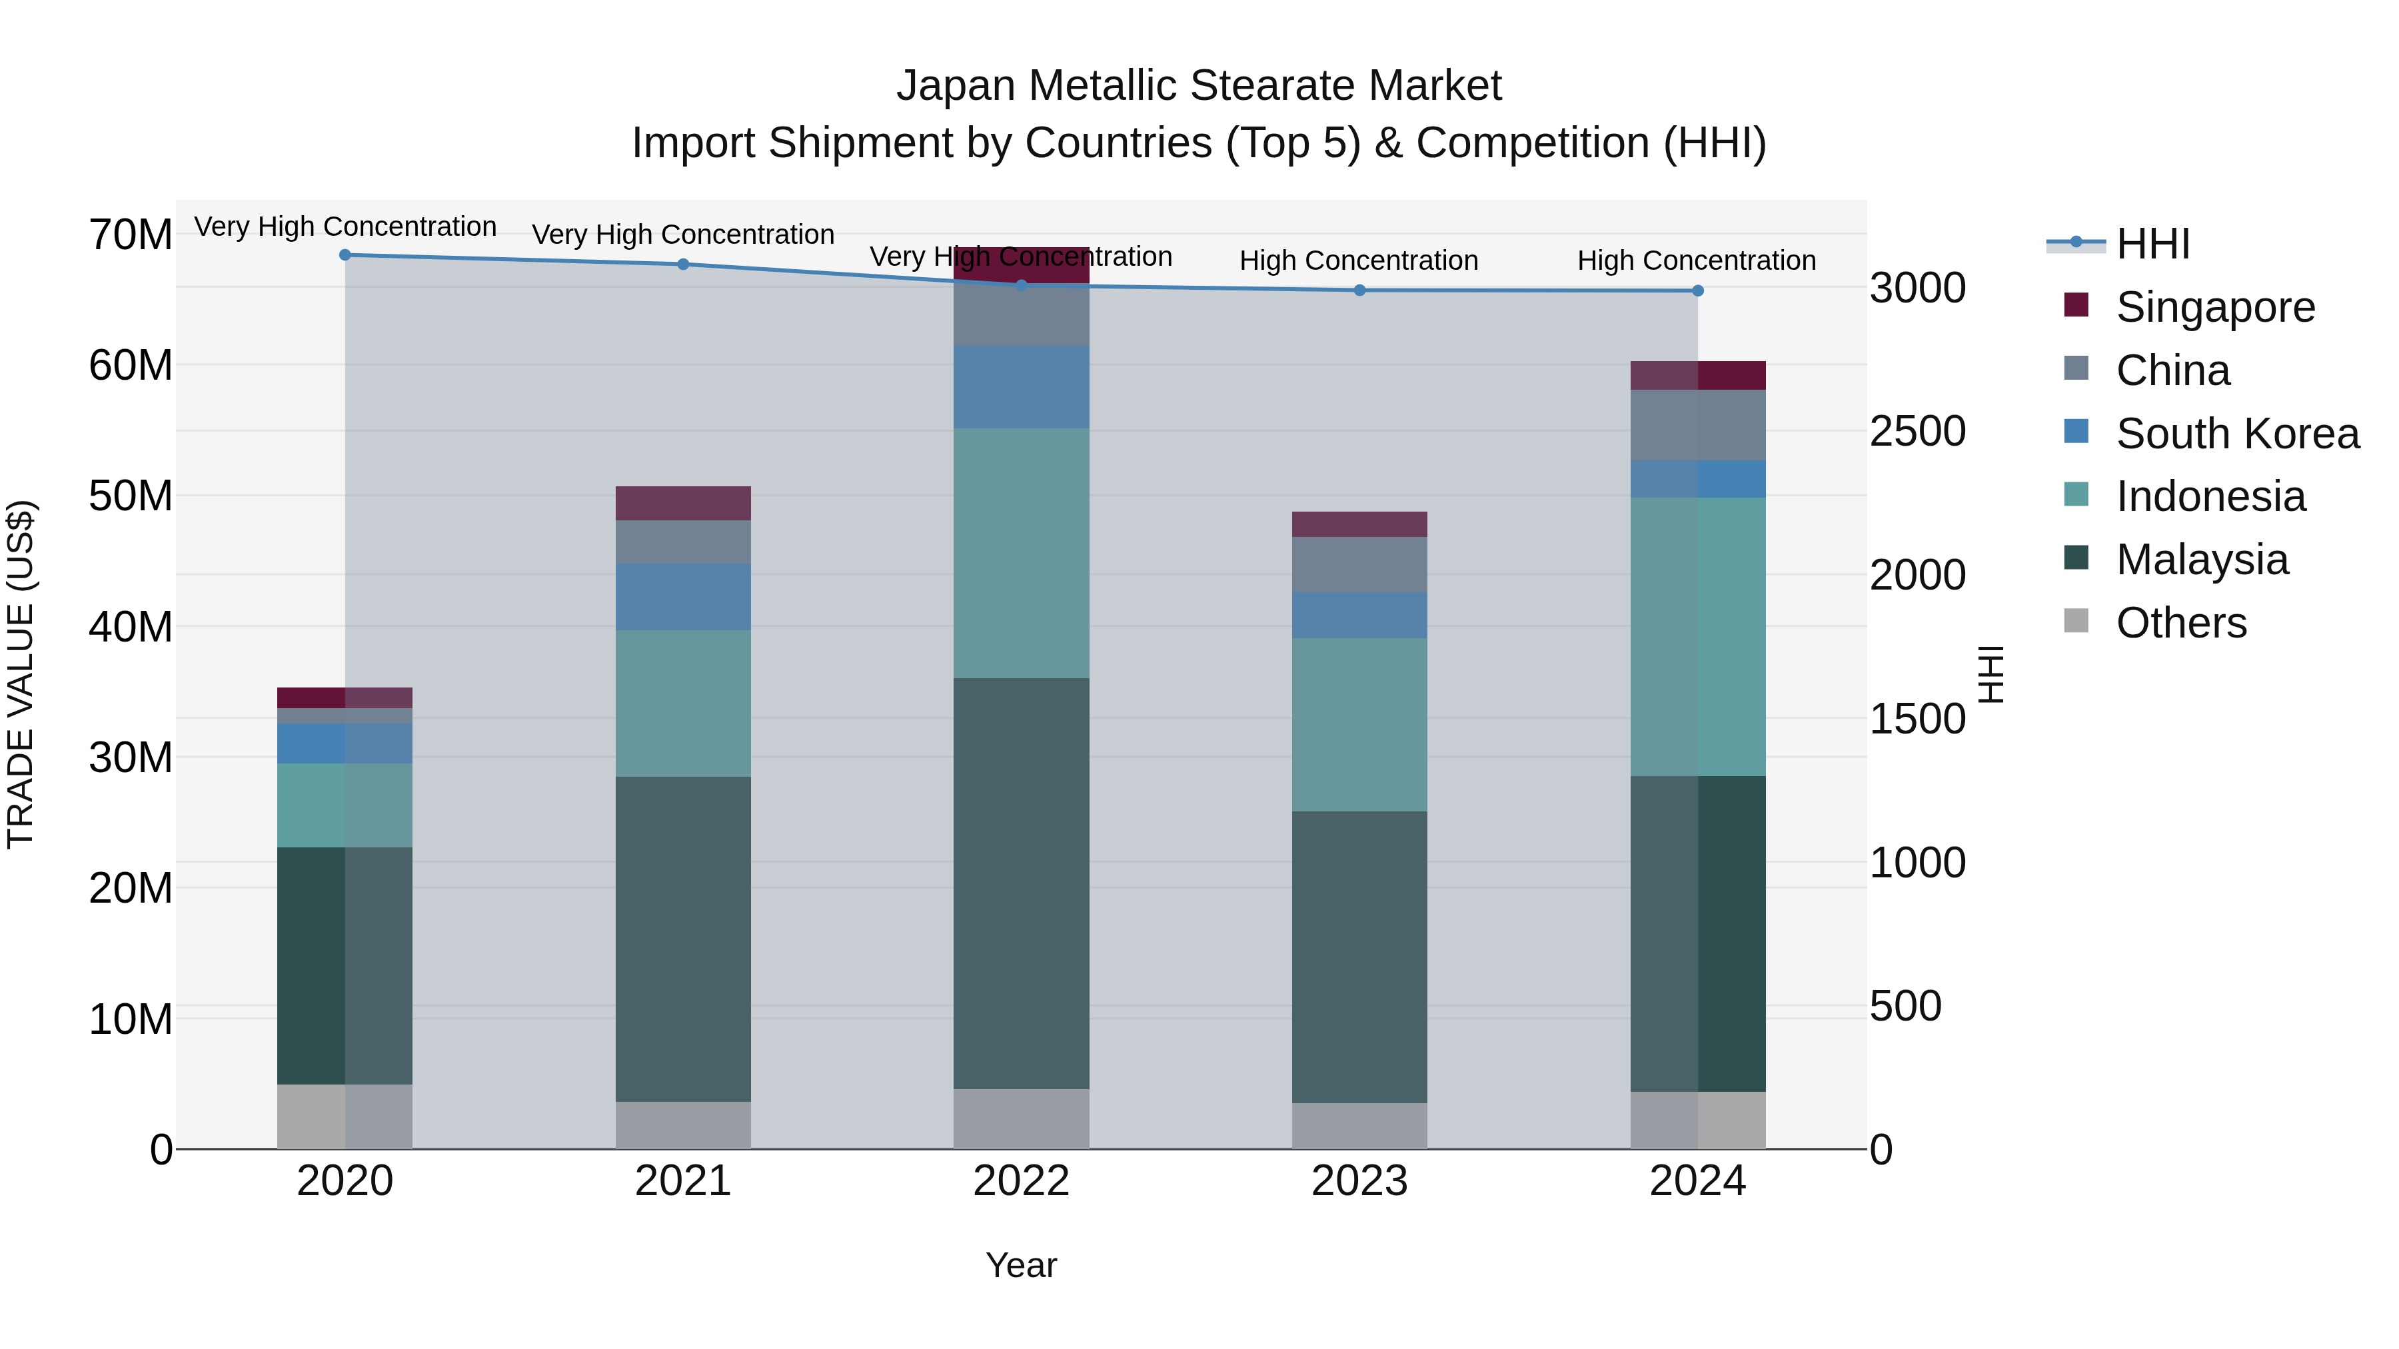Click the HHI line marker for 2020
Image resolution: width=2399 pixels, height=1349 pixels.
345,254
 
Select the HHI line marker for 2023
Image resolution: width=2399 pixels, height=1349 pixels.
1359,290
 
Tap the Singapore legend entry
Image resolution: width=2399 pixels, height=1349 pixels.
2214,306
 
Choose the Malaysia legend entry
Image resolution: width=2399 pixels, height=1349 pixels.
2202,560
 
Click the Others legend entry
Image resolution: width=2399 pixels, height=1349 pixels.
2180,623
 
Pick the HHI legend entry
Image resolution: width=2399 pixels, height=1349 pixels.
2152,244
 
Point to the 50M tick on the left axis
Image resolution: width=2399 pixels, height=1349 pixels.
131,496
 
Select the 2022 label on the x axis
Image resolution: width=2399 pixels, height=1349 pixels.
1021,1181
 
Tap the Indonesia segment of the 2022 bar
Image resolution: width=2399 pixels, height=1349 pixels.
1021,553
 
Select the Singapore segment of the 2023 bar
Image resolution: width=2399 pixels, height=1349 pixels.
1359,524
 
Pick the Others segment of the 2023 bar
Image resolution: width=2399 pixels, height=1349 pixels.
1359,1126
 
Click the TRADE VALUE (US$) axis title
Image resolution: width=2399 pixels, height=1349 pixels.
21,674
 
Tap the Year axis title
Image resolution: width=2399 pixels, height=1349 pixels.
1021,1265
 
